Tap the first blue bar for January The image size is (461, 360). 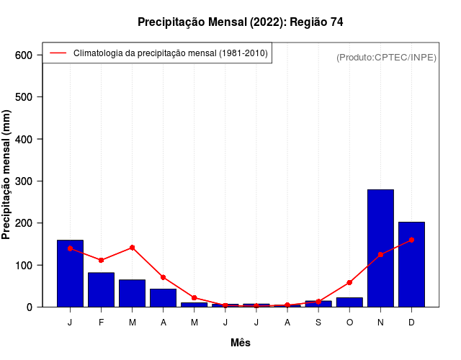coord(70,274)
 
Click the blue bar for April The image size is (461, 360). coord(163,297)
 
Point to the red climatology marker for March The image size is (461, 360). coord(133,248)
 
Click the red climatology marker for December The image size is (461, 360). coord(411,240)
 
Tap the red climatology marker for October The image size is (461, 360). coord(349,282)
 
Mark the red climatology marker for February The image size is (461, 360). coord(101,260)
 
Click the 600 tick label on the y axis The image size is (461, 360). coord(24,55)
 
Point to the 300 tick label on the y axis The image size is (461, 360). coord(24,181)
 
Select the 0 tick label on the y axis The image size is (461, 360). coord(29,307)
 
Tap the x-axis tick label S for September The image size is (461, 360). coord(318,323)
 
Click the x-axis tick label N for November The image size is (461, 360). coord(380,323)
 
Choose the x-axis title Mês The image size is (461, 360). coord(241,343)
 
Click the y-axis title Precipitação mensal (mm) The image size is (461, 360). coord(7,180)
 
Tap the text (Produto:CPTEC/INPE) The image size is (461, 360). coord(386,57)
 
